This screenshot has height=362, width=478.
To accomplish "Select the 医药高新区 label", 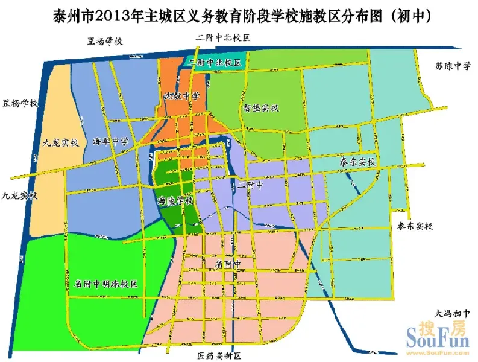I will [x=219, y=356].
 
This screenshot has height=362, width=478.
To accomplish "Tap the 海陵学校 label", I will [x=175, y=200].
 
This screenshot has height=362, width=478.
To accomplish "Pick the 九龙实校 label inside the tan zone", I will [x=60, y=144].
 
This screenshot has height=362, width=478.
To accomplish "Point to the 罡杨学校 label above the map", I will [x=104, y=42].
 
